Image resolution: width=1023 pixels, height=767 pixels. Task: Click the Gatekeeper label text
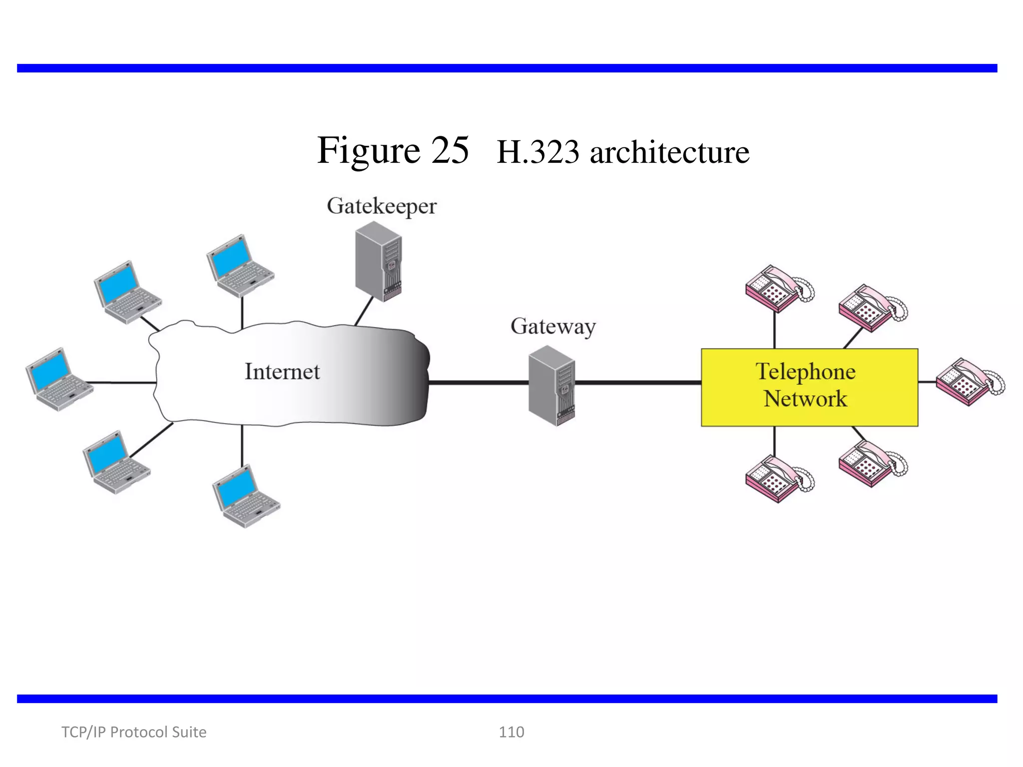tap(382, 206)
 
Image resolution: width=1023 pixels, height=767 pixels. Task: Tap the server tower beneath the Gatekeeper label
tap(378, 262)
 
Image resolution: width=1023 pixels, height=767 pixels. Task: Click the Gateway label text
tap(553, 327)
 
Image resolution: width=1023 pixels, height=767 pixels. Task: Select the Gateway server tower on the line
tap(551, 385)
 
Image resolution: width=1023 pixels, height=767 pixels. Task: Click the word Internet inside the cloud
tap(282, 372)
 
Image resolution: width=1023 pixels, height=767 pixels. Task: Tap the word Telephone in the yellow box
tap(805, 372)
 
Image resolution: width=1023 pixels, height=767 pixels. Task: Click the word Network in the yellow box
tap(805, 399)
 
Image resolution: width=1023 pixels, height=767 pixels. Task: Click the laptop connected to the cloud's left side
tap(58, 380)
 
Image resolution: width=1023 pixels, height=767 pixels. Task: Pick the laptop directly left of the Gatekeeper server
tap(240, 266)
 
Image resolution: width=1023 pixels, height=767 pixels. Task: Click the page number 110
tap(511, 732)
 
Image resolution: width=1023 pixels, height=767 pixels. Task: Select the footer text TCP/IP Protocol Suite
tap(133, 732)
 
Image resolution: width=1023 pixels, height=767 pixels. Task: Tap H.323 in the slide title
tap(537, 152)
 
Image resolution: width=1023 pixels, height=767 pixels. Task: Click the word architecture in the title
tap(669, 152)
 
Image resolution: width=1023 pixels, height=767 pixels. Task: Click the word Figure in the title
tap(369, 151)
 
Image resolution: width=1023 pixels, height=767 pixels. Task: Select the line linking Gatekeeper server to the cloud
tap(364, 311)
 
